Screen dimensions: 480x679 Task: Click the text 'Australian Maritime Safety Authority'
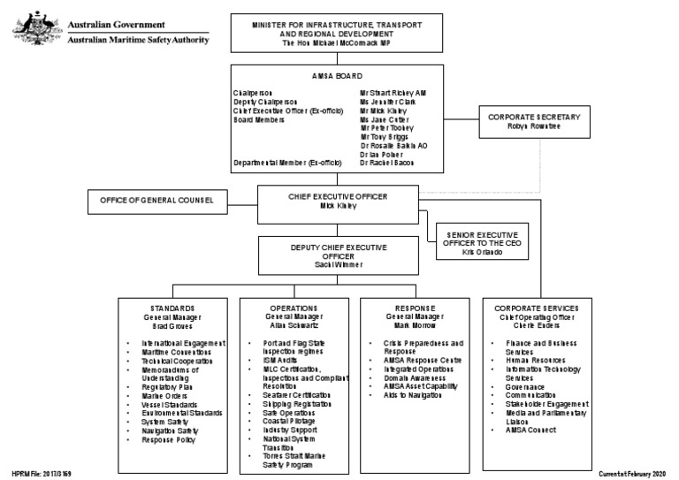point(138,40)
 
